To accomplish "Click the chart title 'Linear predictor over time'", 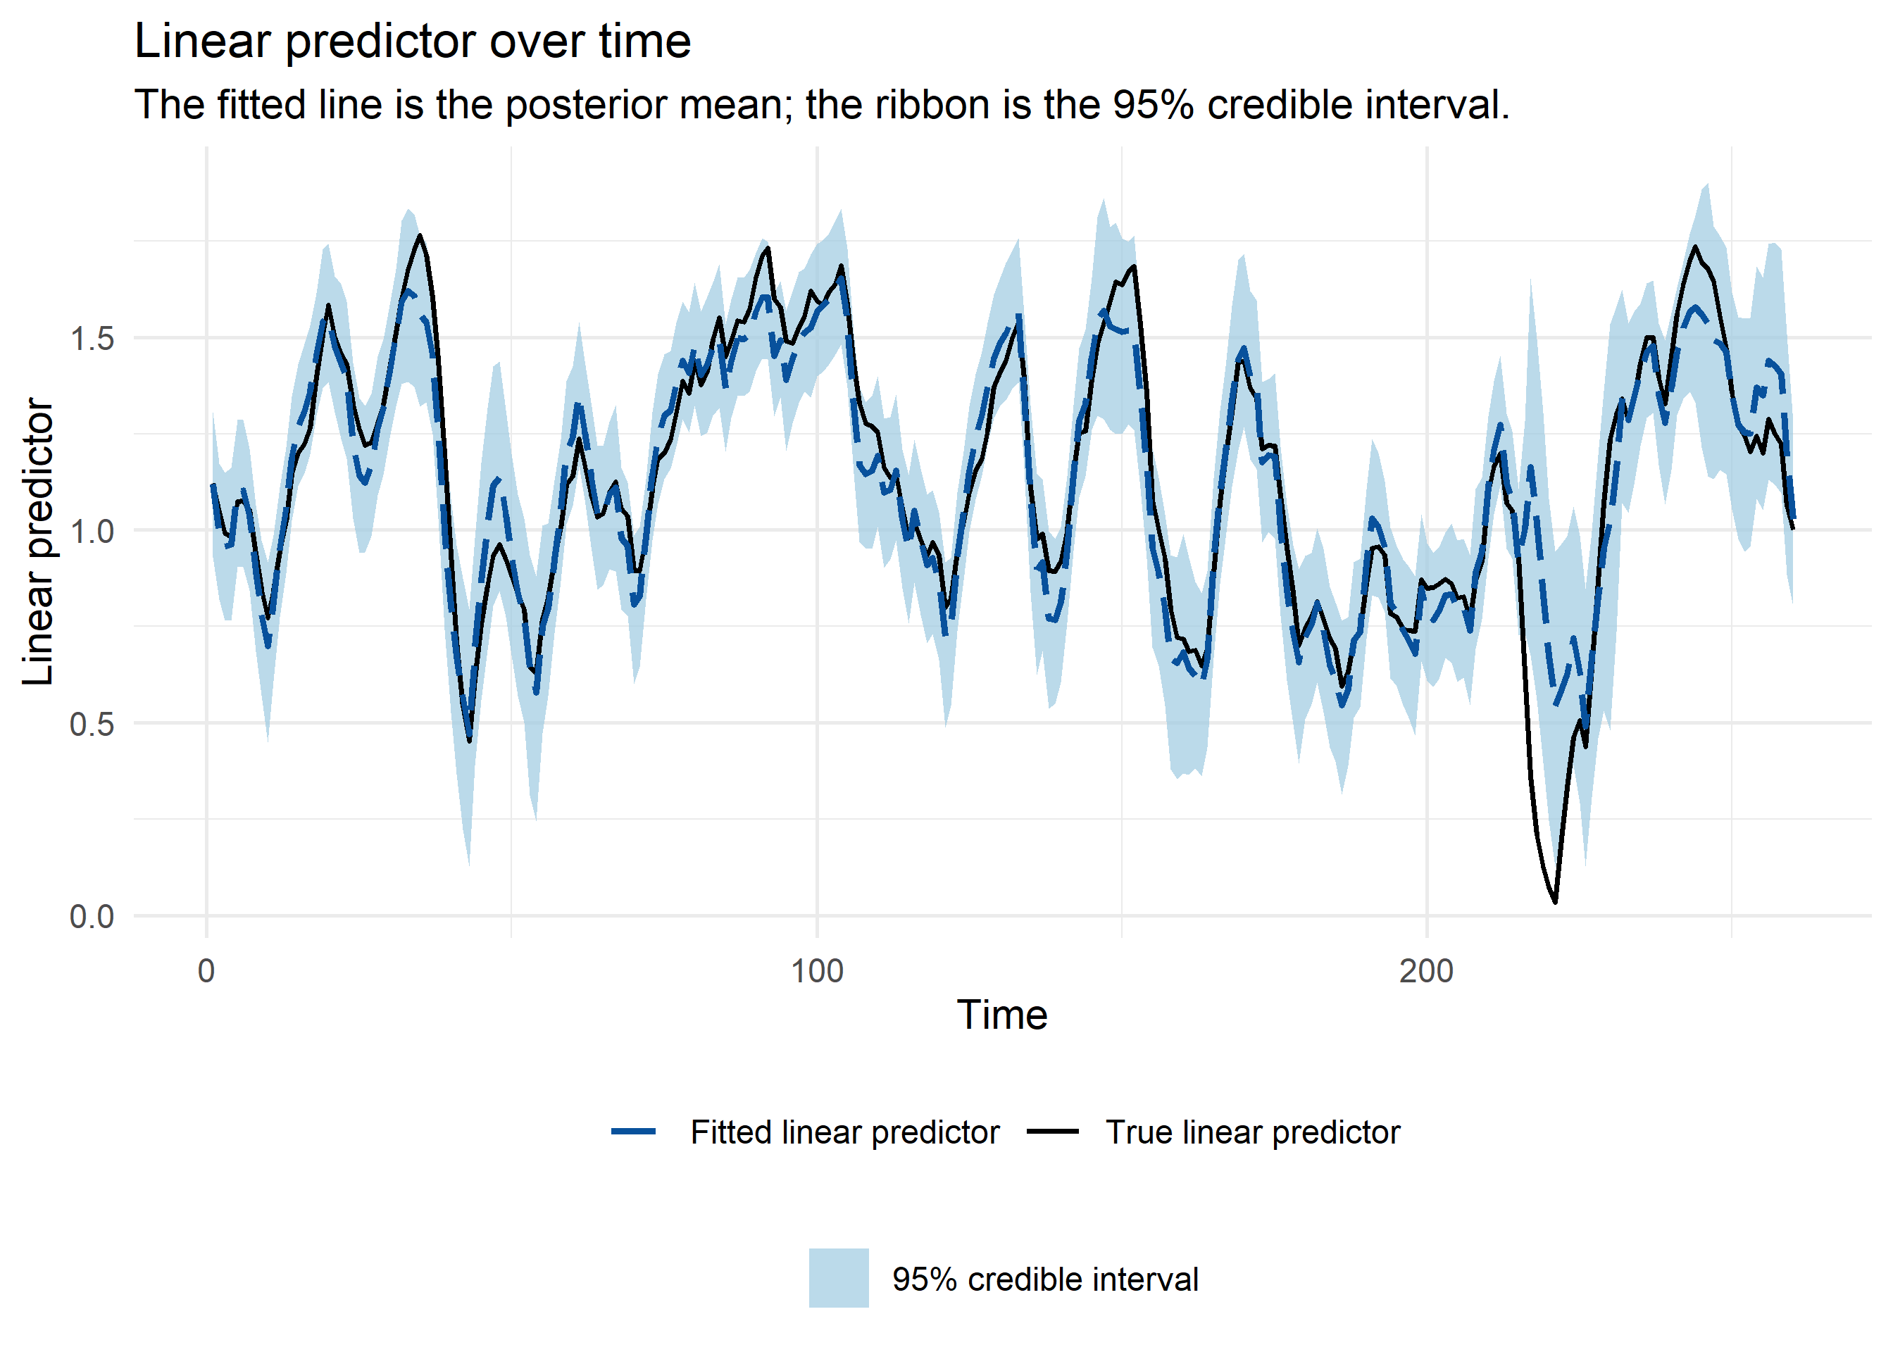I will pyautogui.click(x=412, y=42).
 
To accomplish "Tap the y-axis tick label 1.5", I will pyautogui.click(x=92, y=339).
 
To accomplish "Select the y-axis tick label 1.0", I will pyautogui.click(x=92, y=531).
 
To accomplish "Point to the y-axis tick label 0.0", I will pyautogui.click(x=92, y=917).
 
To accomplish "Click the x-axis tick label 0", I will pyautogui.click(x=206, y=972).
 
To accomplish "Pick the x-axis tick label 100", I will pyautogui.click(x=817, y=972).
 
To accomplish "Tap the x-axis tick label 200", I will pyautogui.click(x=1426, y=972).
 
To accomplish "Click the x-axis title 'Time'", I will pyautogui.click(x=1001, y=1015).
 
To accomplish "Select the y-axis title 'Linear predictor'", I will pyautogui.click(x=38, y=541).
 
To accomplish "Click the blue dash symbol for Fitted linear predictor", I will pyautogui.click(x=634, y=1132).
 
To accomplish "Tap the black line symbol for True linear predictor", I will pyautogui.click(x=1052, y=1132).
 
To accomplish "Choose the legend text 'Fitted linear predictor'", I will pyautogui.click(x=844, y=1132).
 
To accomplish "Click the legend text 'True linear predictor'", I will pyautogui.click(x=1252, y=1132).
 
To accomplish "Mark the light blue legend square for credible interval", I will pyautogui.click(x=838, y=1278).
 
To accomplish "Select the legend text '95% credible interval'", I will pyautogui.click(x=1044, y=1279).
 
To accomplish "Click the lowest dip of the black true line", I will pyautogui.click(x=1554, y=901).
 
